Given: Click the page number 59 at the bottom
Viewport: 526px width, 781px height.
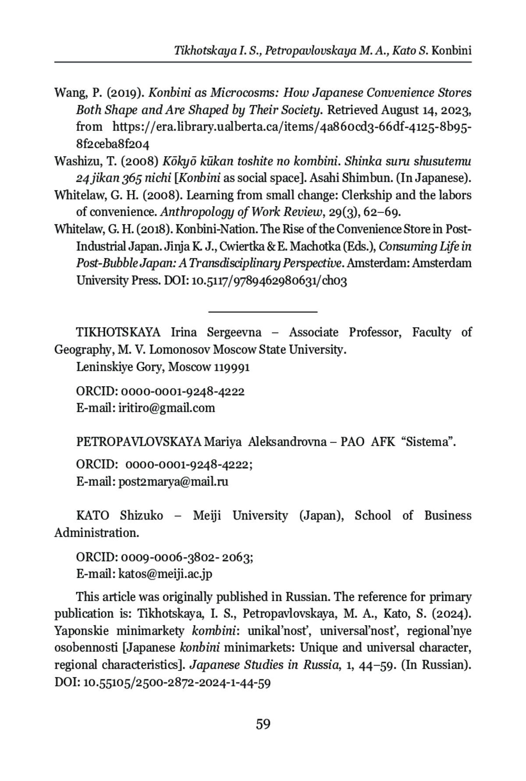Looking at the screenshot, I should [x=263, y=724].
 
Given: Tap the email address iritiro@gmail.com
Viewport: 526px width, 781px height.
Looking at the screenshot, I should [x=167, y=408].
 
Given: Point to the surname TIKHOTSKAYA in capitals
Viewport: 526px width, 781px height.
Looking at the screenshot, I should [x=118, y=332].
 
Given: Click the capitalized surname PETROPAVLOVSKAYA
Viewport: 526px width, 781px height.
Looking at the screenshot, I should [x=139, y=442].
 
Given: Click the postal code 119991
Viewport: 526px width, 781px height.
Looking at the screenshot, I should [x=232, y=367].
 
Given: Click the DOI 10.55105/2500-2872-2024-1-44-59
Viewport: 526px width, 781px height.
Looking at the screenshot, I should [x=177, y=683].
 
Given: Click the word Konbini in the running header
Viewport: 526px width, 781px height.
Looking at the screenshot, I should [x=451, y=50].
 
